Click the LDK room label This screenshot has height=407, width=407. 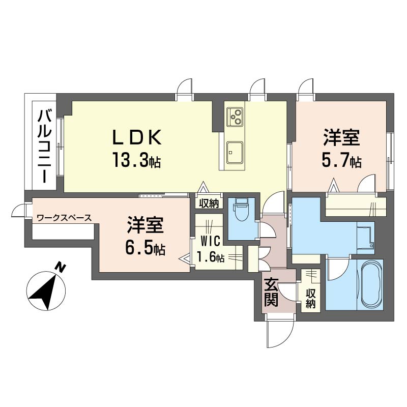tap(137, 137)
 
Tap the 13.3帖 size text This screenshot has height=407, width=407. tap(136, 160)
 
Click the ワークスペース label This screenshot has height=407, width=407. tap(65, 218)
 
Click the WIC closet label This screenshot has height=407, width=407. tap(210, 241)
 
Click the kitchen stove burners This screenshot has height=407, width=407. tap(235, 117)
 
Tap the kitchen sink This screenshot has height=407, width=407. tap(235, 152)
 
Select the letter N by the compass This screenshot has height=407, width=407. tap(61, 268)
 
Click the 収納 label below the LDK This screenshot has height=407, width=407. tap(209, 203)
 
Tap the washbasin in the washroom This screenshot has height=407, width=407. tap(366, 238)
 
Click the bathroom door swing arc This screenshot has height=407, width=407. tap(337, 270)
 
